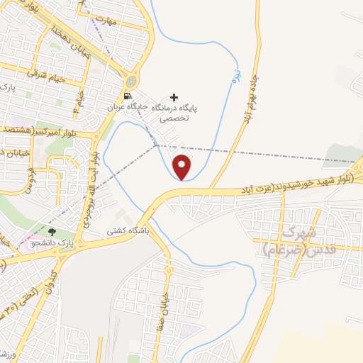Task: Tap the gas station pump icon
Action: click(127, 96)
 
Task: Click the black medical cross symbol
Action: click(174, 97)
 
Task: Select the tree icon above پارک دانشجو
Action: click(51, 231)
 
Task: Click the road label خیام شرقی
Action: click(45, 76)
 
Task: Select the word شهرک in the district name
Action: click(298, 232)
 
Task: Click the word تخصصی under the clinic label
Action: click(173, 121)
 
